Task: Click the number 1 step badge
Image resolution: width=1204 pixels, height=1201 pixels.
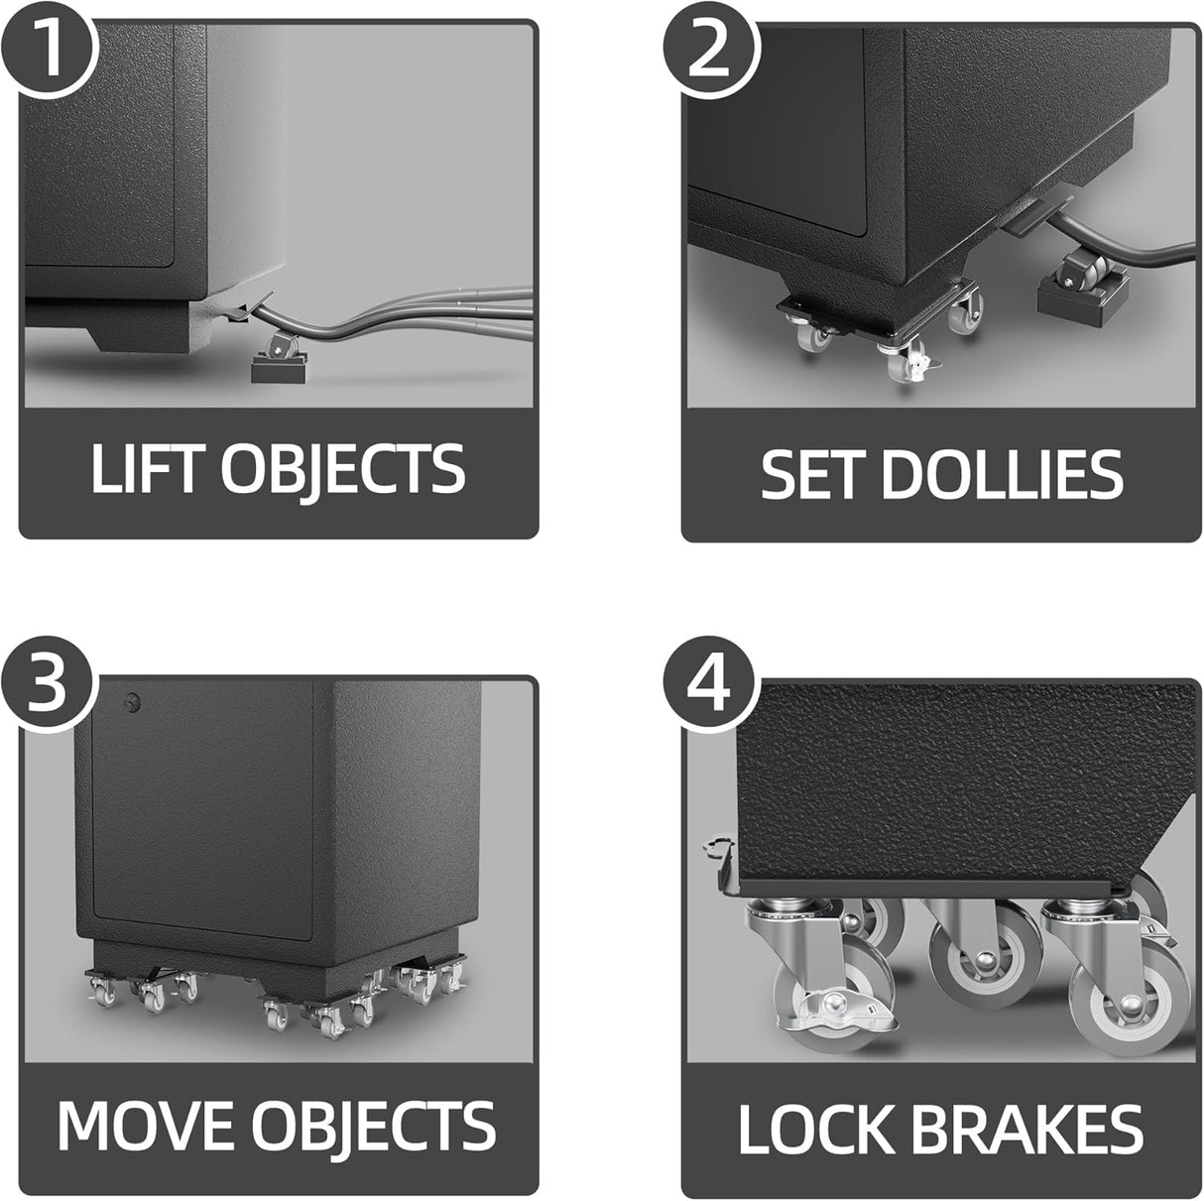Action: pyautogui.click(x=48, y=48)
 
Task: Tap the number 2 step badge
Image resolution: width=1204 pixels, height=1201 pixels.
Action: pyautogui.click(x=710, y=50)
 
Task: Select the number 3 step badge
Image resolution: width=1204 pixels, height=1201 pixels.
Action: pyautogui.click(x=48, y=683)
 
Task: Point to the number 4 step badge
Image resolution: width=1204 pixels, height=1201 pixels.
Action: pyautogui.click(x=710, y=685)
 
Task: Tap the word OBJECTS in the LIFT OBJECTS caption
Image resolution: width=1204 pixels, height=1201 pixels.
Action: pyautogui.click(x=343, y=470)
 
